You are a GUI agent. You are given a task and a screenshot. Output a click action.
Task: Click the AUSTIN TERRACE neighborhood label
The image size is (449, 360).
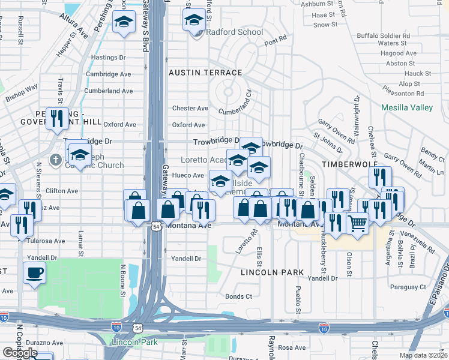click(x=205, y=73)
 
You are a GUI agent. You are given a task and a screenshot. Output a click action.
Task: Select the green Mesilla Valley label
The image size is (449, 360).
click(x=407, y=108)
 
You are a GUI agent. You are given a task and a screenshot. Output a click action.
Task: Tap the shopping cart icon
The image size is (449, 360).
click(x=358, y=223)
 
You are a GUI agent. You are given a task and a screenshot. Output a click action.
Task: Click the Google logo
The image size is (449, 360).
click(x=20, y=353)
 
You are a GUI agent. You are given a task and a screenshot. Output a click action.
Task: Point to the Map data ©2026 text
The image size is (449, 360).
click(x=423, y=355)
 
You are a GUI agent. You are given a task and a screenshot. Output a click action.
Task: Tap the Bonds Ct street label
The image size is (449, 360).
click(x=239, y=296)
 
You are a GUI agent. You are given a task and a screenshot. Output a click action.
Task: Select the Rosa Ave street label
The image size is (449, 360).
click(x=292, y=347)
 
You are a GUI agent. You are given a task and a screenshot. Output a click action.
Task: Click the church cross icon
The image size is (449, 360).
click(x=55, y=160)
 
